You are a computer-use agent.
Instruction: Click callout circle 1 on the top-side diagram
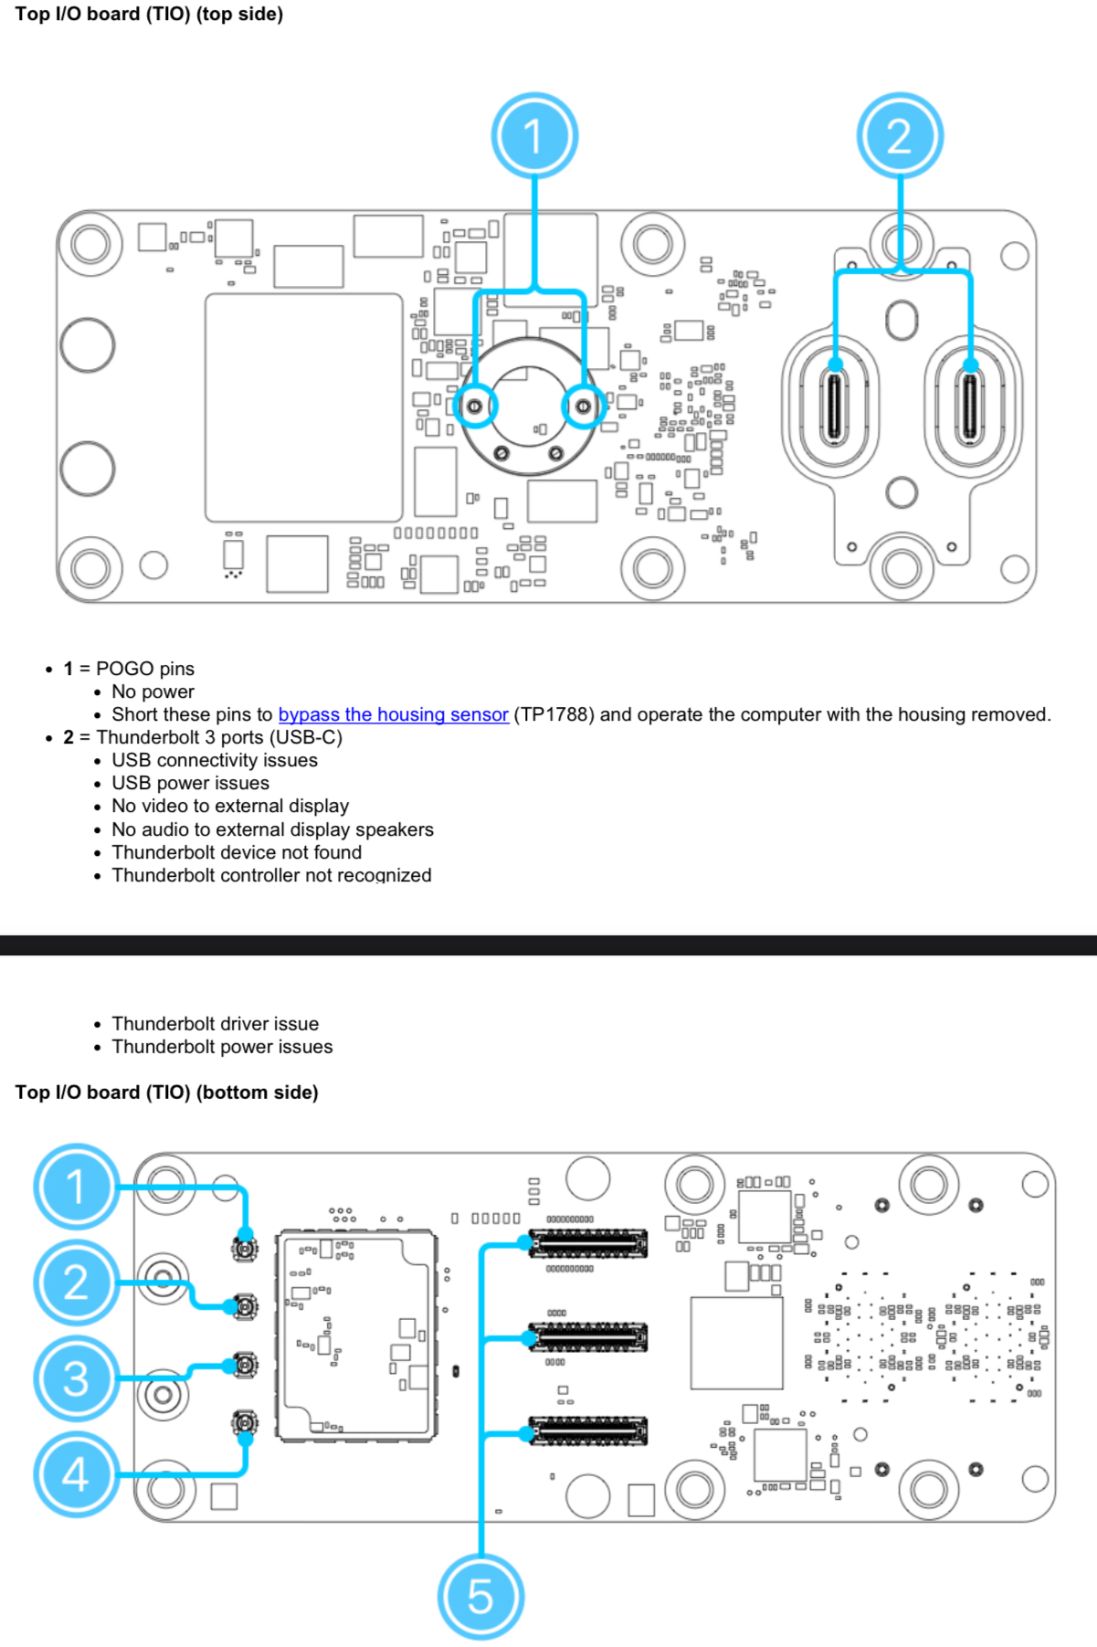tap(534, 136)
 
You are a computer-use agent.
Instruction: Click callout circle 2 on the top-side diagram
tap(900, 136)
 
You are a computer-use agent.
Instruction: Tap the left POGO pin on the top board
tap(475, 406)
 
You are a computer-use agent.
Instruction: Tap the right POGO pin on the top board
tap(583, 406)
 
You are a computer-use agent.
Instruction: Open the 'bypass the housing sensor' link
tap(393, 714)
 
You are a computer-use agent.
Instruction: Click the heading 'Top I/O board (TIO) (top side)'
tap(149, 14)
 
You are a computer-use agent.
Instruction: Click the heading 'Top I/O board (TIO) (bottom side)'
tap(166, 1093)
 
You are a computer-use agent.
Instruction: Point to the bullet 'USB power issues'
tap(190, 783)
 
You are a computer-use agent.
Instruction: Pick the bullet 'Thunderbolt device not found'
tap(237, 852)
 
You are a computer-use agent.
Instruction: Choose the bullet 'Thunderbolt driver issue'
tap(215, 1024)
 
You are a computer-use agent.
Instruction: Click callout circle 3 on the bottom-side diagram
tap(76, 1378)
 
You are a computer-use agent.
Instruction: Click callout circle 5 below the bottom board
tap(480, 1596)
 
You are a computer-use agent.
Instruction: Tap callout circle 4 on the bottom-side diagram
tap(76, 1473)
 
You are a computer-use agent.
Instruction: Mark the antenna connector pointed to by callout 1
tap(245, 1249)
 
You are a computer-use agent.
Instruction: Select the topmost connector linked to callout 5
tap(589, 1243)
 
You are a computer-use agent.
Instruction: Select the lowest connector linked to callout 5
tap(589, 1431)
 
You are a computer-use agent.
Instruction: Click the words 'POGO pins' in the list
tap(145, 669)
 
